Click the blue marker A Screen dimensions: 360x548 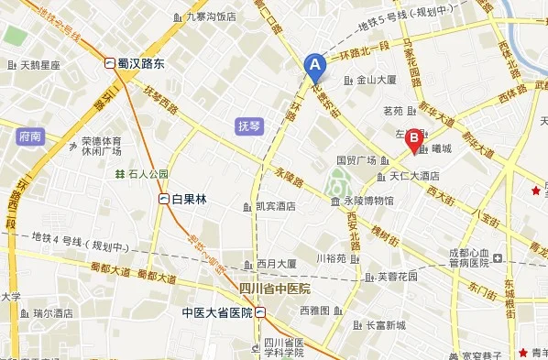314,65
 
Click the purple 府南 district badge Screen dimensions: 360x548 29,136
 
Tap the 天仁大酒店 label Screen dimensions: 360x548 410,175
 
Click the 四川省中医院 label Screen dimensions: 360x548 275,289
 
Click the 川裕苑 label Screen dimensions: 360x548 331,258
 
